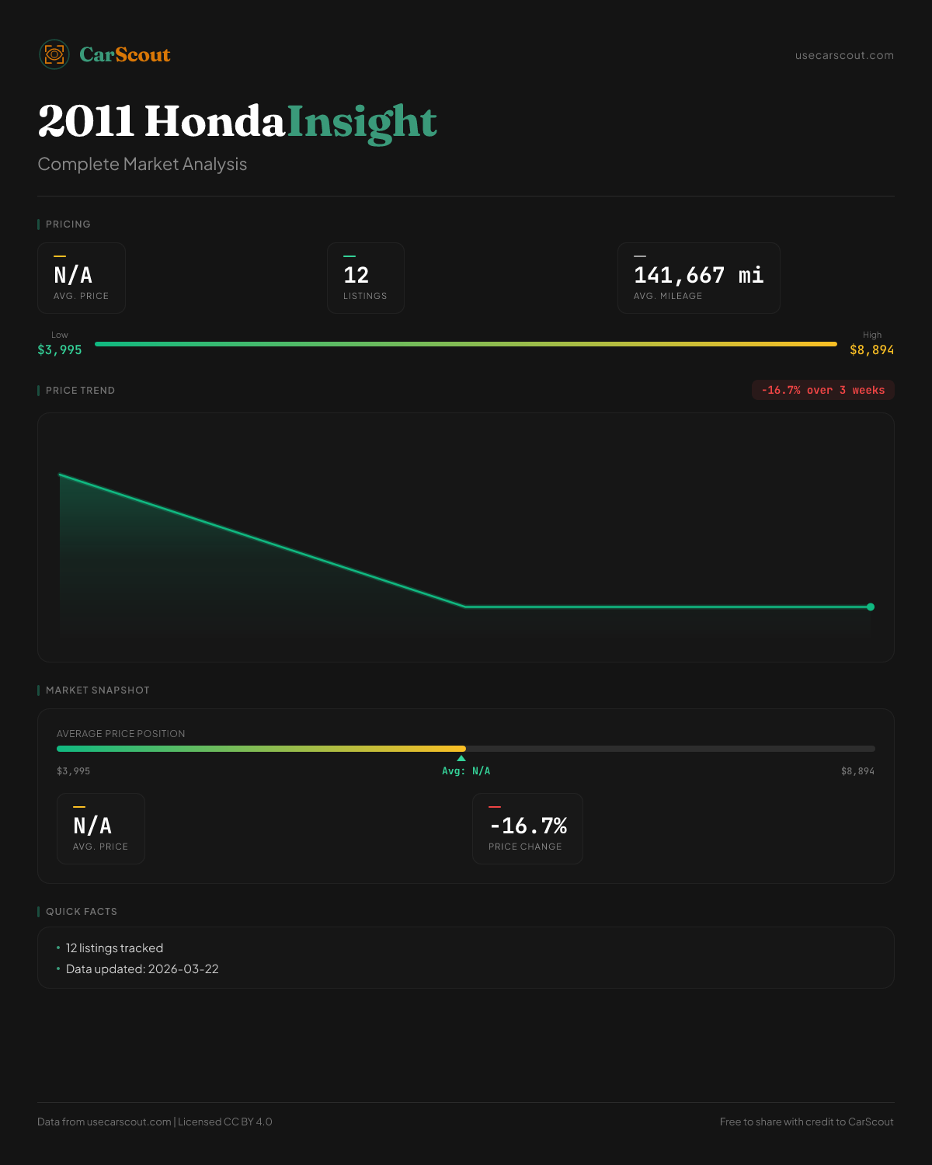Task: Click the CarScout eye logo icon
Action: [54, 54]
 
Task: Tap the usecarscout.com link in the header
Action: [844, 55]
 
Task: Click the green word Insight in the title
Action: [362, 122]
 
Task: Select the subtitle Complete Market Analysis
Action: [142, 165]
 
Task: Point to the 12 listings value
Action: [356, 275]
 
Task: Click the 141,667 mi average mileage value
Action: [698, 275]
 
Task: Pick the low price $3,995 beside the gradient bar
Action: [60, 349]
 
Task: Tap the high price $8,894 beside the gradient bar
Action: [871, 349]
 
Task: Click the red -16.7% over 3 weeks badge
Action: [822, 390]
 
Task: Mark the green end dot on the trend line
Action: [871, 607]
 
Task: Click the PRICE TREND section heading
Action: [80, 391]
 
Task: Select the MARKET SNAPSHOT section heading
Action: [97, 690]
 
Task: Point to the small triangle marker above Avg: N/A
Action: [461, 758]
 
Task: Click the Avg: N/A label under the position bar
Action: [466, 771]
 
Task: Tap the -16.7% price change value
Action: [528, 826]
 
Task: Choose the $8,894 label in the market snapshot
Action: [857, 771]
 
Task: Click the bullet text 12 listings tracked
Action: [114, 948]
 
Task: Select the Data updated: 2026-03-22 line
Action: [142, 969]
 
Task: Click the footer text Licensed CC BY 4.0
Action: [225, 1122]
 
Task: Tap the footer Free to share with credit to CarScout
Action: [806, 1122]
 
